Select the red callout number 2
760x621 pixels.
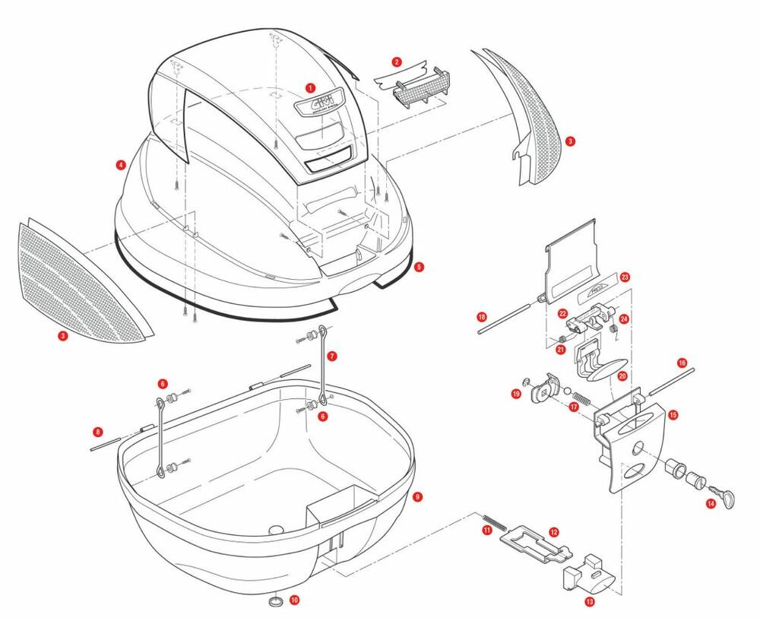click(397, 61)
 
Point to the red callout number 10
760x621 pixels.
click(295, 600)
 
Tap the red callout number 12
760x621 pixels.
click(553, 533)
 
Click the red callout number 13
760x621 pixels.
click(590, 601)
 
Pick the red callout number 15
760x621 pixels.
click(673, 415)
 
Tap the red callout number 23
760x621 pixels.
click(625, 277)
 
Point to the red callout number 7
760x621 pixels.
click(333, 355)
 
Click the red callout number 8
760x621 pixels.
click(97, 432)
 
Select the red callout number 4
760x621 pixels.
click(120, 164)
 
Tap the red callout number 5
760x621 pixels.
click(419, 267)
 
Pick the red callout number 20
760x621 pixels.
click(622, 376)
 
